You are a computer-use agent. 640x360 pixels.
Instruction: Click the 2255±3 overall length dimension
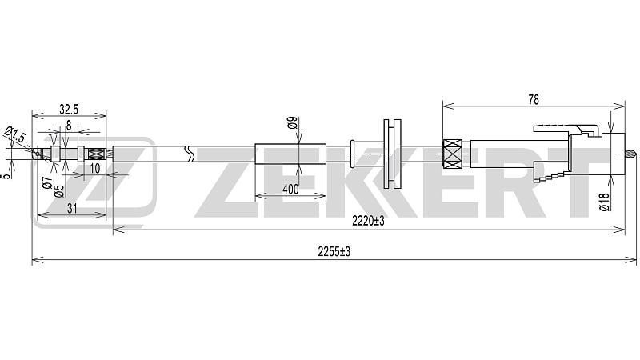pyautogui.click(x=334, y=252)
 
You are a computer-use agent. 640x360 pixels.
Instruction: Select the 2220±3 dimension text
pyautogui.click(x=369, y=222)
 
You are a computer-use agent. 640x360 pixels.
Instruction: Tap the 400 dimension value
pyautogui.click(x=290, y=190)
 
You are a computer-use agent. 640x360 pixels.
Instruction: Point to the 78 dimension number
pyautogui.click(x=534, y=99)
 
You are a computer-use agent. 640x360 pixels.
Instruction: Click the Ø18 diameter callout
pyautogui.click(x=605, y=202)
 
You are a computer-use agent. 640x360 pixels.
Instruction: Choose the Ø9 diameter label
pyautogui.click(x=292, y=123)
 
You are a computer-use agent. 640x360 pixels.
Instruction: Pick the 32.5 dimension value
pyautogui.click(x=69, y=110)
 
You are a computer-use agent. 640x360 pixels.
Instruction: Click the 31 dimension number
pyautogui.click(x=72, y=209)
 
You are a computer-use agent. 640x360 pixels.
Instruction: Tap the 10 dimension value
pyautogui.click(x=94, y=168)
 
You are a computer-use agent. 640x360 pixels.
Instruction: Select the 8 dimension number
pyautogui.click(x=69, y=126)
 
